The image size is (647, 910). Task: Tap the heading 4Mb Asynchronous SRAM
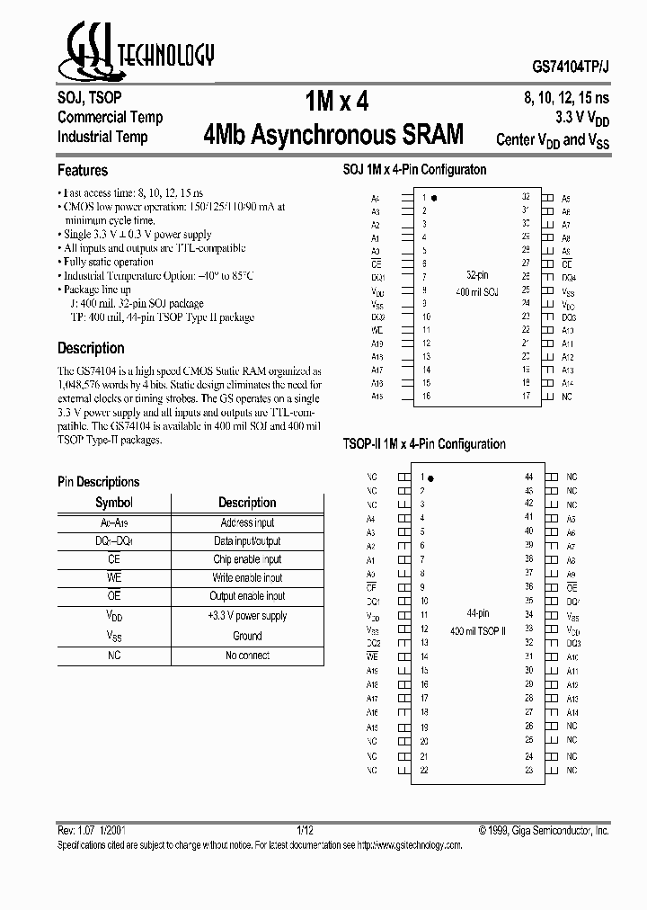click(x=334, y=135)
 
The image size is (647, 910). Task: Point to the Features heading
click(x=83, y=170)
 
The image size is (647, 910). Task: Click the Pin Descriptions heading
click(x=99, y=482)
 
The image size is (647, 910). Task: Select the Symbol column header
click(x=114, y=503)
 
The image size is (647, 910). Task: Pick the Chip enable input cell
click(x=247, y=559)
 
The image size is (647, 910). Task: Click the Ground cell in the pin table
click(x=247, y=635)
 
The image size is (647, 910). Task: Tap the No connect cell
click(x=247, y=655)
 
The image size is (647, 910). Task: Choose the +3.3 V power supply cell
click(x=247, y=616)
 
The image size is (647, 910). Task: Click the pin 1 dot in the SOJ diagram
click(x=435, y=197)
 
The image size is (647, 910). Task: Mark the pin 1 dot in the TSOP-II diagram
click(x=433, y=477)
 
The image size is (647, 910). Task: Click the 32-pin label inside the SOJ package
click(x=477, y=275)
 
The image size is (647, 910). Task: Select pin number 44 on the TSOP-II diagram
click(x=529, y=477)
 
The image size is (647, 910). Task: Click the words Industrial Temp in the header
click(x=102, y=138)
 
